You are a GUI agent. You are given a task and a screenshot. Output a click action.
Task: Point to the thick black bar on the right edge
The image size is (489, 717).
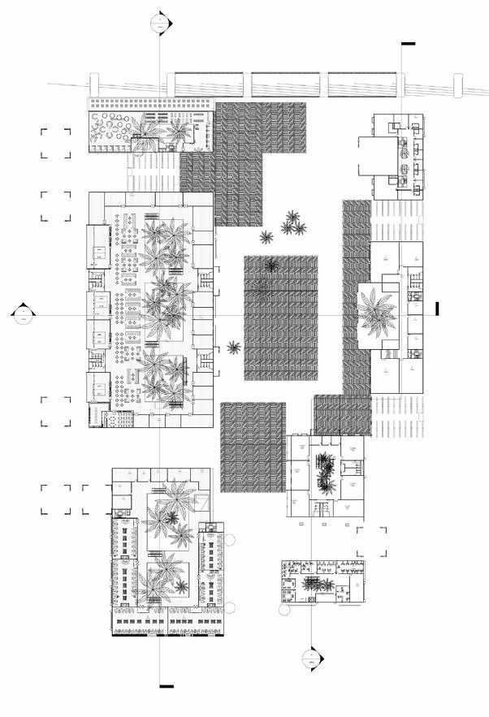437,308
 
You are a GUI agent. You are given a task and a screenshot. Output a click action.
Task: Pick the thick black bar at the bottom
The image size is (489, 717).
167,686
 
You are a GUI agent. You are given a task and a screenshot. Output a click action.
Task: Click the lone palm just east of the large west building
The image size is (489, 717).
234,348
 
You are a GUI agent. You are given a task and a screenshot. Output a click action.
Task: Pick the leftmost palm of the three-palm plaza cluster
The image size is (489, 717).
266,237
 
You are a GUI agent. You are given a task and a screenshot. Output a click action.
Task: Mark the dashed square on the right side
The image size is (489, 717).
371,542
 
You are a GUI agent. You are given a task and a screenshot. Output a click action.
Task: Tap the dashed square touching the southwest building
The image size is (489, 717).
97,500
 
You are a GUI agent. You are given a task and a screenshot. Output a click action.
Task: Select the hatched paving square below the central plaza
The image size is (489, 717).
252,447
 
